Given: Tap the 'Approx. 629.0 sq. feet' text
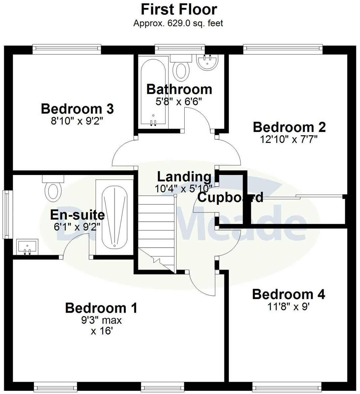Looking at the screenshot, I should pos(178,23).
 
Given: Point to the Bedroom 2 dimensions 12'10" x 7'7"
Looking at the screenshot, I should pos(289,139).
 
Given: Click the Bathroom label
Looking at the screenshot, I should pos(179,89).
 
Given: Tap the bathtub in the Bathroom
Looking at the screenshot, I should pos(153,92).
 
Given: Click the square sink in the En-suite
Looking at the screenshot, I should pos(27,247).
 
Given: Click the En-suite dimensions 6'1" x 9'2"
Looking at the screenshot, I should pos(77,226).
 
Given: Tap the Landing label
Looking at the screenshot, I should pos(184,177).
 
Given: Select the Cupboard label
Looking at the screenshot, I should pos(230,197).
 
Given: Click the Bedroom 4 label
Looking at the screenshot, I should pos(288,294).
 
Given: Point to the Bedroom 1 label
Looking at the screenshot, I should pos(101,308).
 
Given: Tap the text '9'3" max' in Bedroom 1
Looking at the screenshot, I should pos(102,320).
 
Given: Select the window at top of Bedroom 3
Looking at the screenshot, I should pos(67,49).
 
